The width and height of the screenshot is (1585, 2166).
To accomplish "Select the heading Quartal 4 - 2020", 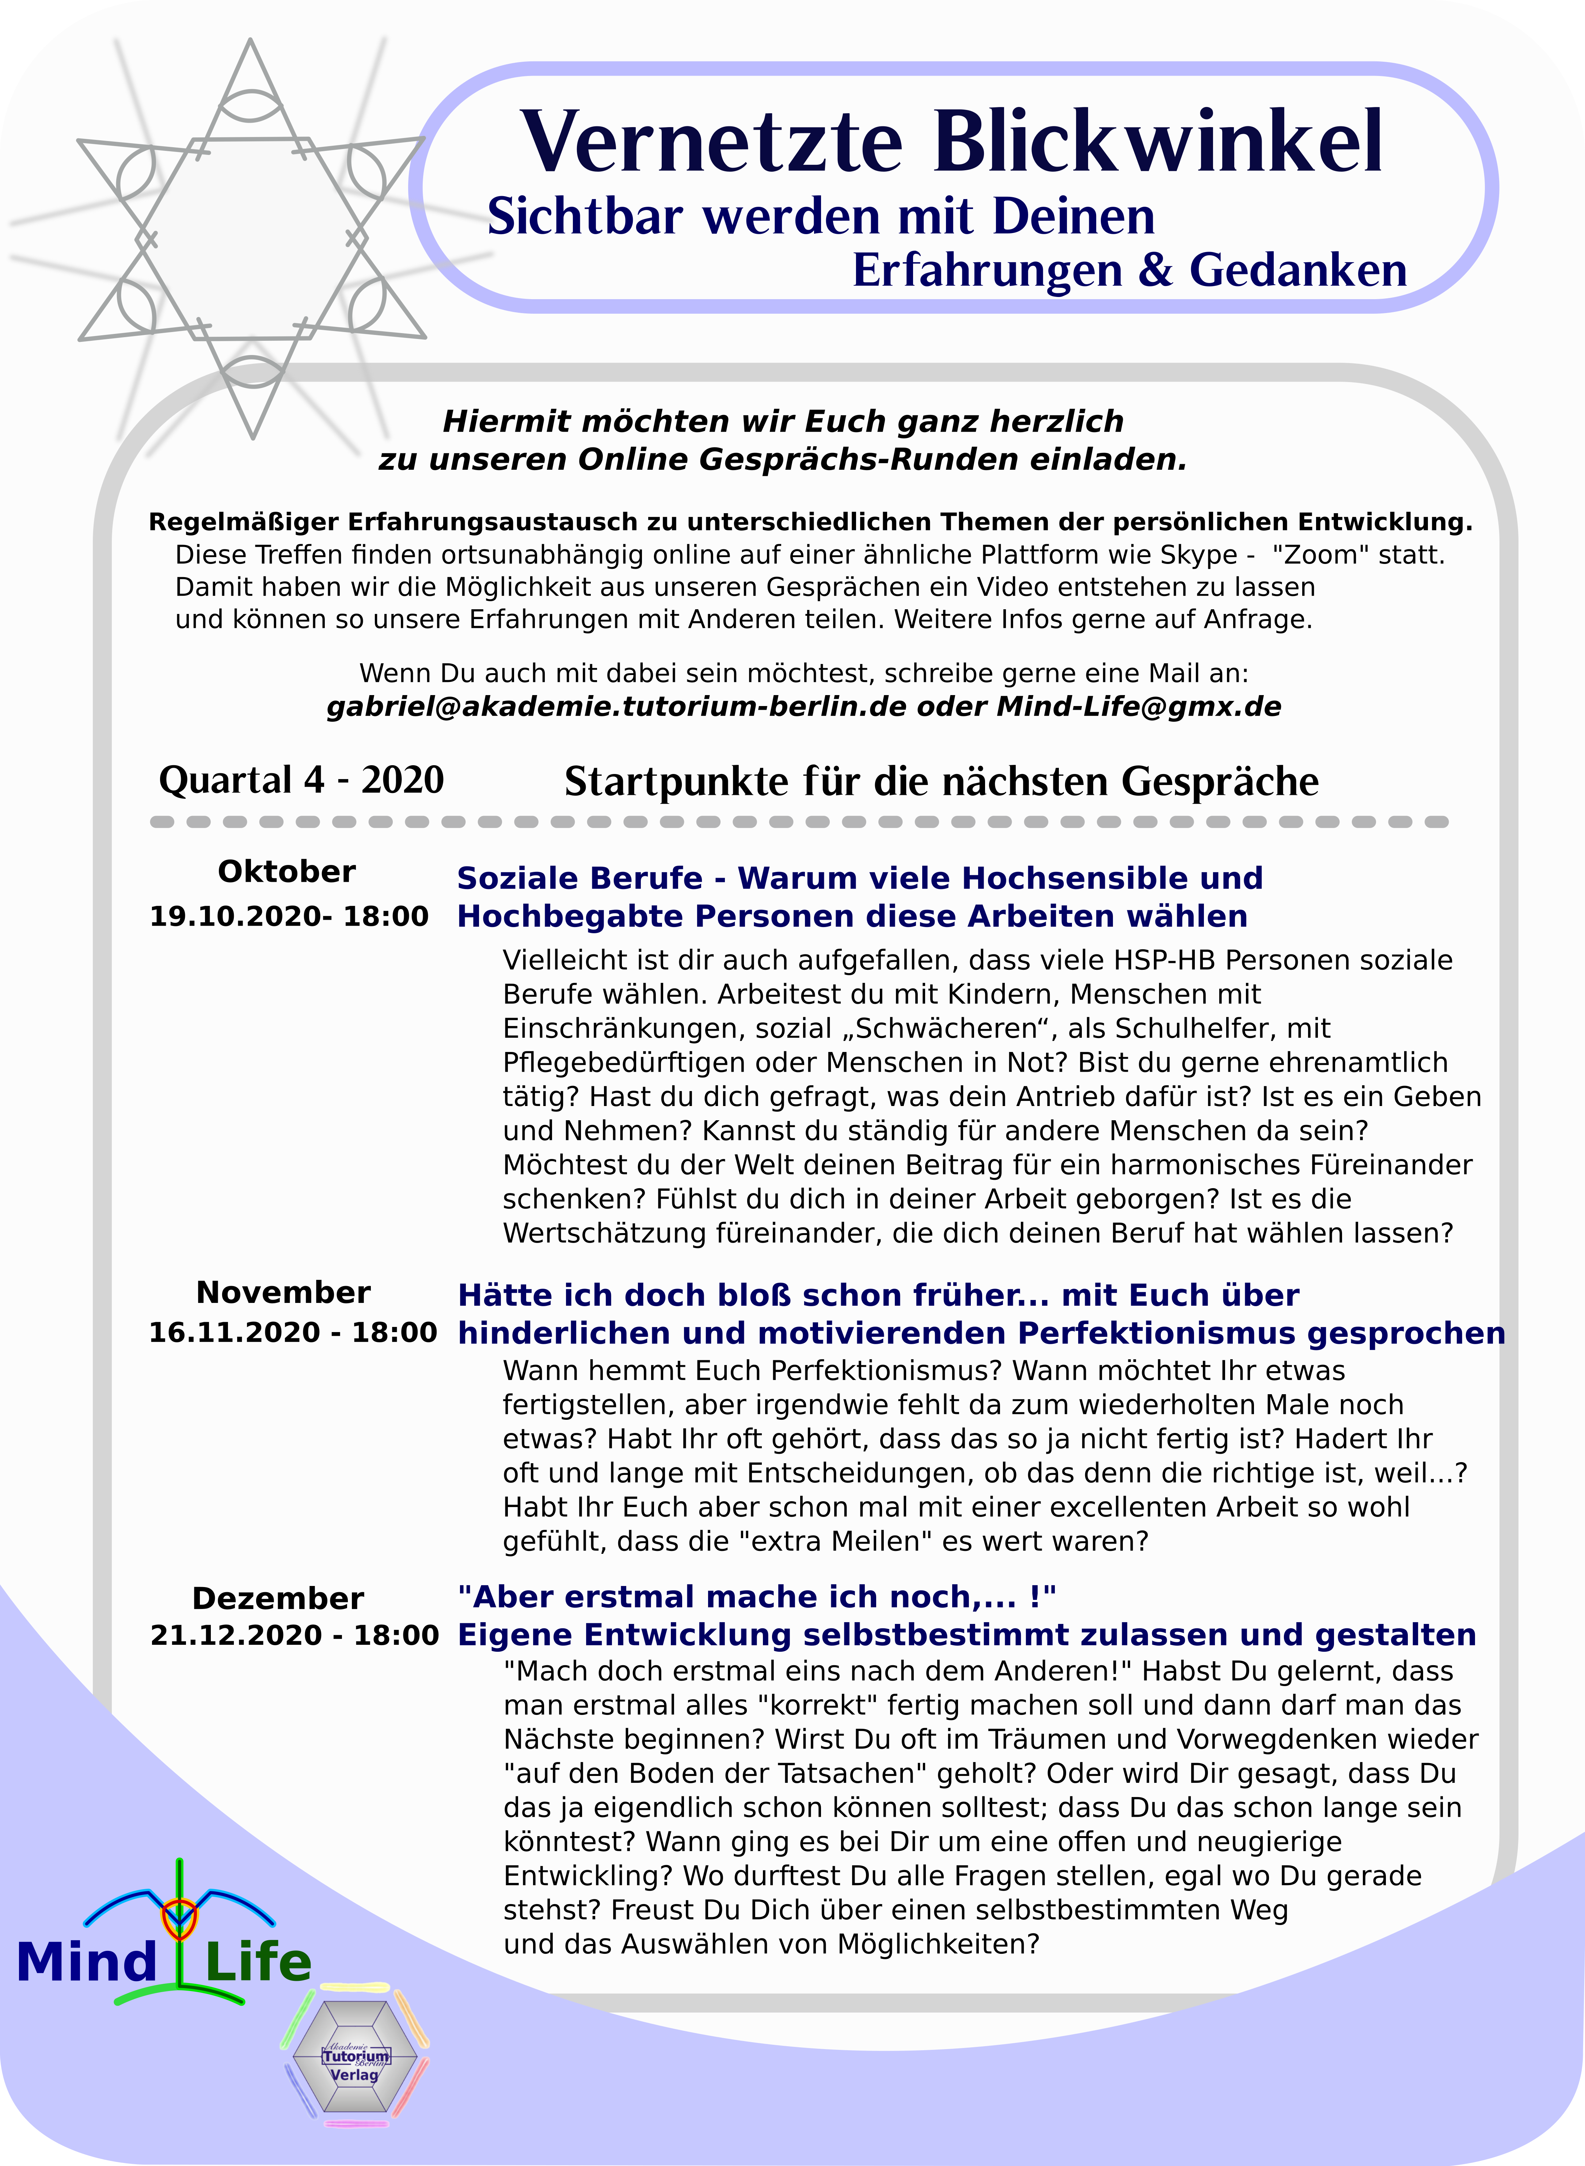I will click(x=301, y=780).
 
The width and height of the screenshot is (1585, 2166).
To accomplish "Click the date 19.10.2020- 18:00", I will click(x=289, y=916).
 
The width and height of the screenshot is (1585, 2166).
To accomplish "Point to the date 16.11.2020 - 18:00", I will click(x=293, y=1332).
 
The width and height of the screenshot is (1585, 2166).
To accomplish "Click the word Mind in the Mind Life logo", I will click(x=86, y=1963).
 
